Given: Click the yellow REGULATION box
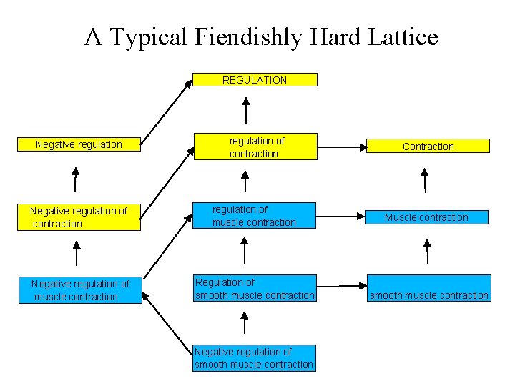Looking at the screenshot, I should [255, 80].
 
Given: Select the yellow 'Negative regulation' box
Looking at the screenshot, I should [79, 145].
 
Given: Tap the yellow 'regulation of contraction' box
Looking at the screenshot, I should [254, 147].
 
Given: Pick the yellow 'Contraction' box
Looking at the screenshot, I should [428, 147].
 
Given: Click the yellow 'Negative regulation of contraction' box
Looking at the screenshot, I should [79, 217].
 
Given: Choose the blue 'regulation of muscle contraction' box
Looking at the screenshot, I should [254, 216].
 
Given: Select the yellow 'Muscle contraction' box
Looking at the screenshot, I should [428, 217].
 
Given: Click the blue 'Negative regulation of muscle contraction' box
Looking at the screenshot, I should [80, 290].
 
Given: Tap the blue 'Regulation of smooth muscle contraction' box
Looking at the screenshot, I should [255, 289].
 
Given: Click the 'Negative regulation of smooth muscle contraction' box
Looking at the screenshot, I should [254, 358].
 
